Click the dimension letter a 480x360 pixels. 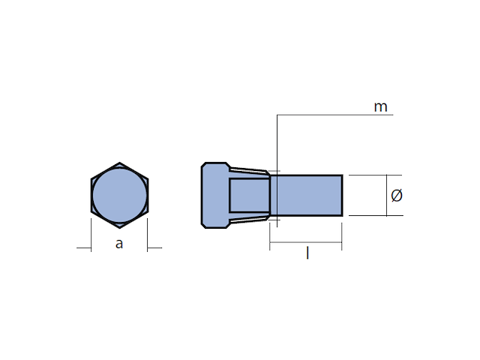point(119,244)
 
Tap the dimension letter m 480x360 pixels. point(380,106)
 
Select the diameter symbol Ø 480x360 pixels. point(397,195)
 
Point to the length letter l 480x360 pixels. point(307,253)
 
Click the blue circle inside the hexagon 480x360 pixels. point(120,195)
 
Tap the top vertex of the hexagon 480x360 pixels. point(120,163)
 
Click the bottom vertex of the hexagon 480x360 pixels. point(120,228)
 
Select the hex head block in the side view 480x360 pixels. point(215,195)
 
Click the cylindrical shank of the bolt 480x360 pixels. point(306,195)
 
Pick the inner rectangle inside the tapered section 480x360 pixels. point(250,195)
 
